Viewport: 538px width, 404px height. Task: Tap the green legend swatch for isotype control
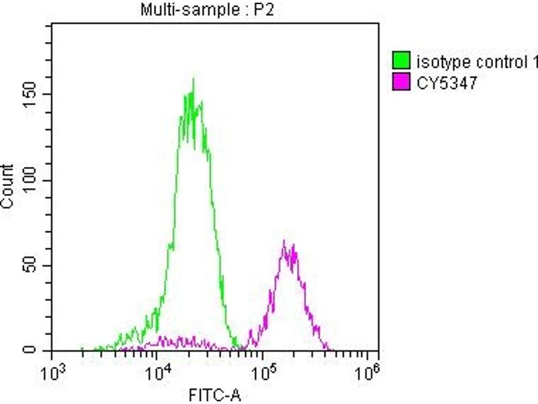[x=401, y=63]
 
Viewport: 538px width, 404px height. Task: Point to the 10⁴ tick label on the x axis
[x=157, y=370]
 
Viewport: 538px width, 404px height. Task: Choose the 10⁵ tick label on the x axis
[x=263, y=370]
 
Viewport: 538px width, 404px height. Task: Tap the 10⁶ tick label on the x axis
[x=368, y=370]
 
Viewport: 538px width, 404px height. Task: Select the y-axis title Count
[x=9, y=187]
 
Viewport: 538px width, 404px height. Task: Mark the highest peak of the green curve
[x=193, y=79]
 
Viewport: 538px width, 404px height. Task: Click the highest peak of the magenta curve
[x=284, y=240]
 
